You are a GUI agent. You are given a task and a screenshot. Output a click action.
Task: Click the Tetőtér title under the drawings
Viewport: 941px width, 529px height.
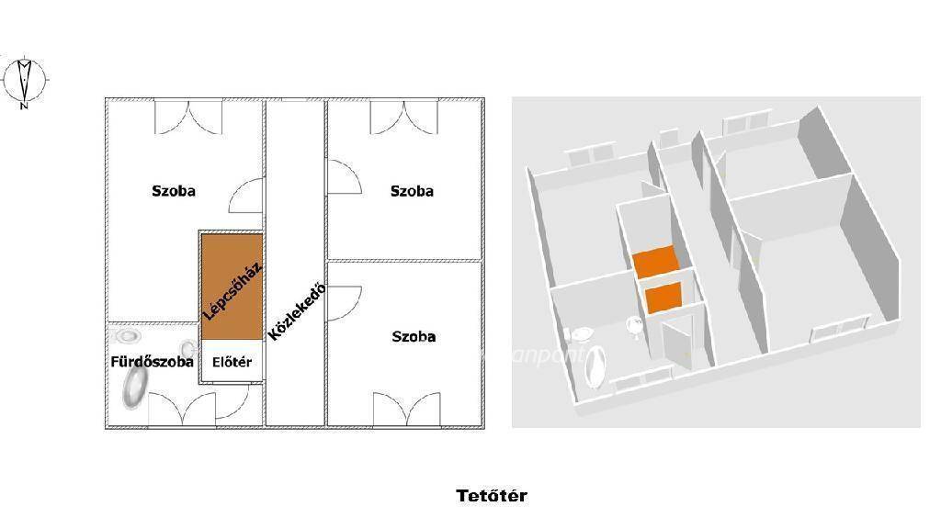tap(492, 496)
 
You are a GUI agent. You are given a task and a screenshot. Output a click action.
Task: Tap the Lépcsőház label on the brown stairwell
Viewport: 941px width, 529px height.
tap(232, 292)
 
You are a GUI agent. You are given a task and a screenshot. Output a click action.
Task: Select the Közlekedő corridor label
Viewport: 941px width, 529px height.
tap(297, 311)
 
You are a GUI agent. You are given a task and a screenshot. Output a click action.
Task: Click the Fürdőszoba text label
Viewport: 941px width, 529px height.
tap(152, 362)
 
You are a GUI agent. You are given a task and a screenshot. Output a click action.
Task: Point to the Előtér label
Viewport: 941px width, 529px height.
tap(232, 362)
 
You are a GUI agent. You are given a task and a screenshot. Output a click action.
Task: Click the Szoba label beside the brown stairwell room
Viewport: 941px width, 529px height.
tap(174, 191)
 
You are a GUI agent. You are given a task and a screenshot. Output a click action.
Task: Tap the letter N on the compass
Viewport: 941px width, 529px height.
tap(24, 107)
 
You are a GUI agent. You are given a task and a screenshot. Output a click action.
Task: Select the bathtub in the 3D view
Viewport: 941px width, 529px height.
tap(595, 366)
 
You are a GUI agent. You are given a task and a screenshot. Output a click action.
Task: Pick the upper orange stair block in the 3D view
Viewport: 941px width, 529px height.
tap(655, 262)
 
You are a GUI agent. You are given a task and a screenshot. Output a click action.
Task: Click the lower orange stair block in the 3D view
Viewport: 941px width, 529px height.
tap(663, 298)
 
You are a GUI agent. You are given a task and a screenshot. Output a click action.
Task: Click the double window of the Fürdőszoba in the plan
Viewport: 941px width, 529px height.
tap(182, 409)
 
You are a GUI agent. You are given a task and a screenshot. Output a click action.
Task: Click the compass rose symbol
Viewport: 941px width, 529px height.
tap(24, 81)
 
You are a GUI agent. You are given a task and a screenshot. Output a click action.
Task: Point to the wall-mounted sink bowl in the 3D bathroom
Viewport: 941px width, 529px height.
tap(635, 326)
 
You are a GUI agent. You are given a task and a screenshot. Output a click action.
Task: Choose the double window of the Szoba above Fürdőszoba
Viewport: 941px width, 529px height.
tap(188, 117)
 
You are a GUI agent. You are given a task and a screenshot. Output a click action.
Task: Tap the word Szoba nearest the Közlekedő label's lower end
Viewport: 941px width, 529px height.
tap(414, 337)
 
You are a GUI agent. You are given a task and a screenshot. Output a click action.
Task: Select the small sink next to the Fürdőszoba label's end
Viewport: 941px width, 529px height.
tap(188, 347)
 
